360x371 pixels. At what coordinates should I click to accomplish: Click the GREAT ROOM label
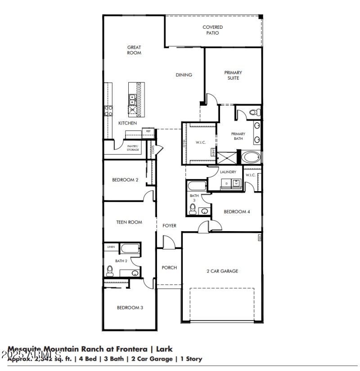tap(134, 50)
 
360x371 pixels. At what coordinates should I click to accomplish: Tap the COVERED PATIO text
tap(212, 30)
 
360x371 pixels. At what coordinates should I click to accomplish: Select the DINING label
tap(184, 75)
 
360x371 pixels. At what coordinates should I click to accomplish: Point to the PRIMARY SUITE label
tap(233, 76)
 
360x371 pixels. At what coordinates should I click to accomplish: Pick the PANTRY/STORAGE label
tap(133, 148)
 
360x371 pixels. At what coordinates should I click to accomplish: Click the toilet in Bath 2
tap(109, 271)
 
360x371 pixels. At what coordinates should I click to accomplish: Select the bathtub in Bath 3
tap(197, 186)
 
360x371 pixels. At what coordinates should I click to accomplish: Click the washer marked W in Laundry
tap(235, 183)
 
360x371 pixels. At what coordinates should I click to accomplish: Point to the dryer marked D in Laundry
tap(226, 183)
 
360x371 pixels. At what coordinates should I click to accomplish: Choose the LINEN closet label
tap(111, 247)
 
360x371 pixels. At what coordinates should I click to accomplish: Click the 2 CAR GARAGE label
tap(222, 271)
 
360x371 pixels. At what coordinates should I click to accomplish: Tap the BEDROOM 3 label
tap(130, 308)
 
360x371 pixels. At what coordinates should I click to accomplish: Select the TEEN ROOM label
tap(129, 222)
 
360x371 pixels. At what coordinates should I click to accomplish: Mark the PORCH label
tap(169, 268)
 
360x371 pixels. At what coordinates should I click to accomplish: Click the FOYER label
tap(169, 226)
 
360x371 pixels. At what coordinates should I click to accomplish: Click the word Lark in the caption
tap(164, 349)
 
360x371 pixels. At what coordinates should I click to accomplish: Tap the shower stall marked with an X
tap(226, 157)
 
